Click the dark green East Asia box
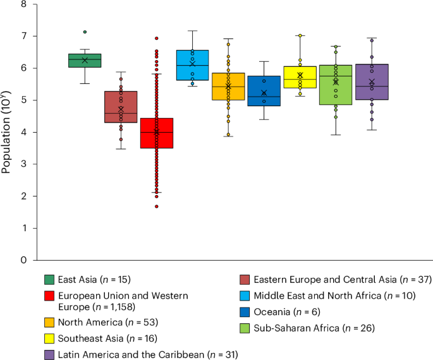point(85,61)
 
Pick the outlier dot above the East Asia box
point(85,32)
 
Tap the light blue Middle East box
point(193,65)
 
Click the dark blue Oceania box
point(264,91)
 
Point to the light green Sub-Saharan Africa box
point(336,85)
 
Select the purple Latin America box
point(372,82)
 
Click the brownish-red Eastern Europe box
point(121,107)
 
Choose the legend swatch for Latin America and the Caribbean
point(49,354)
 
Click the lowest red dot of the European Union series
point(157,206)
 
